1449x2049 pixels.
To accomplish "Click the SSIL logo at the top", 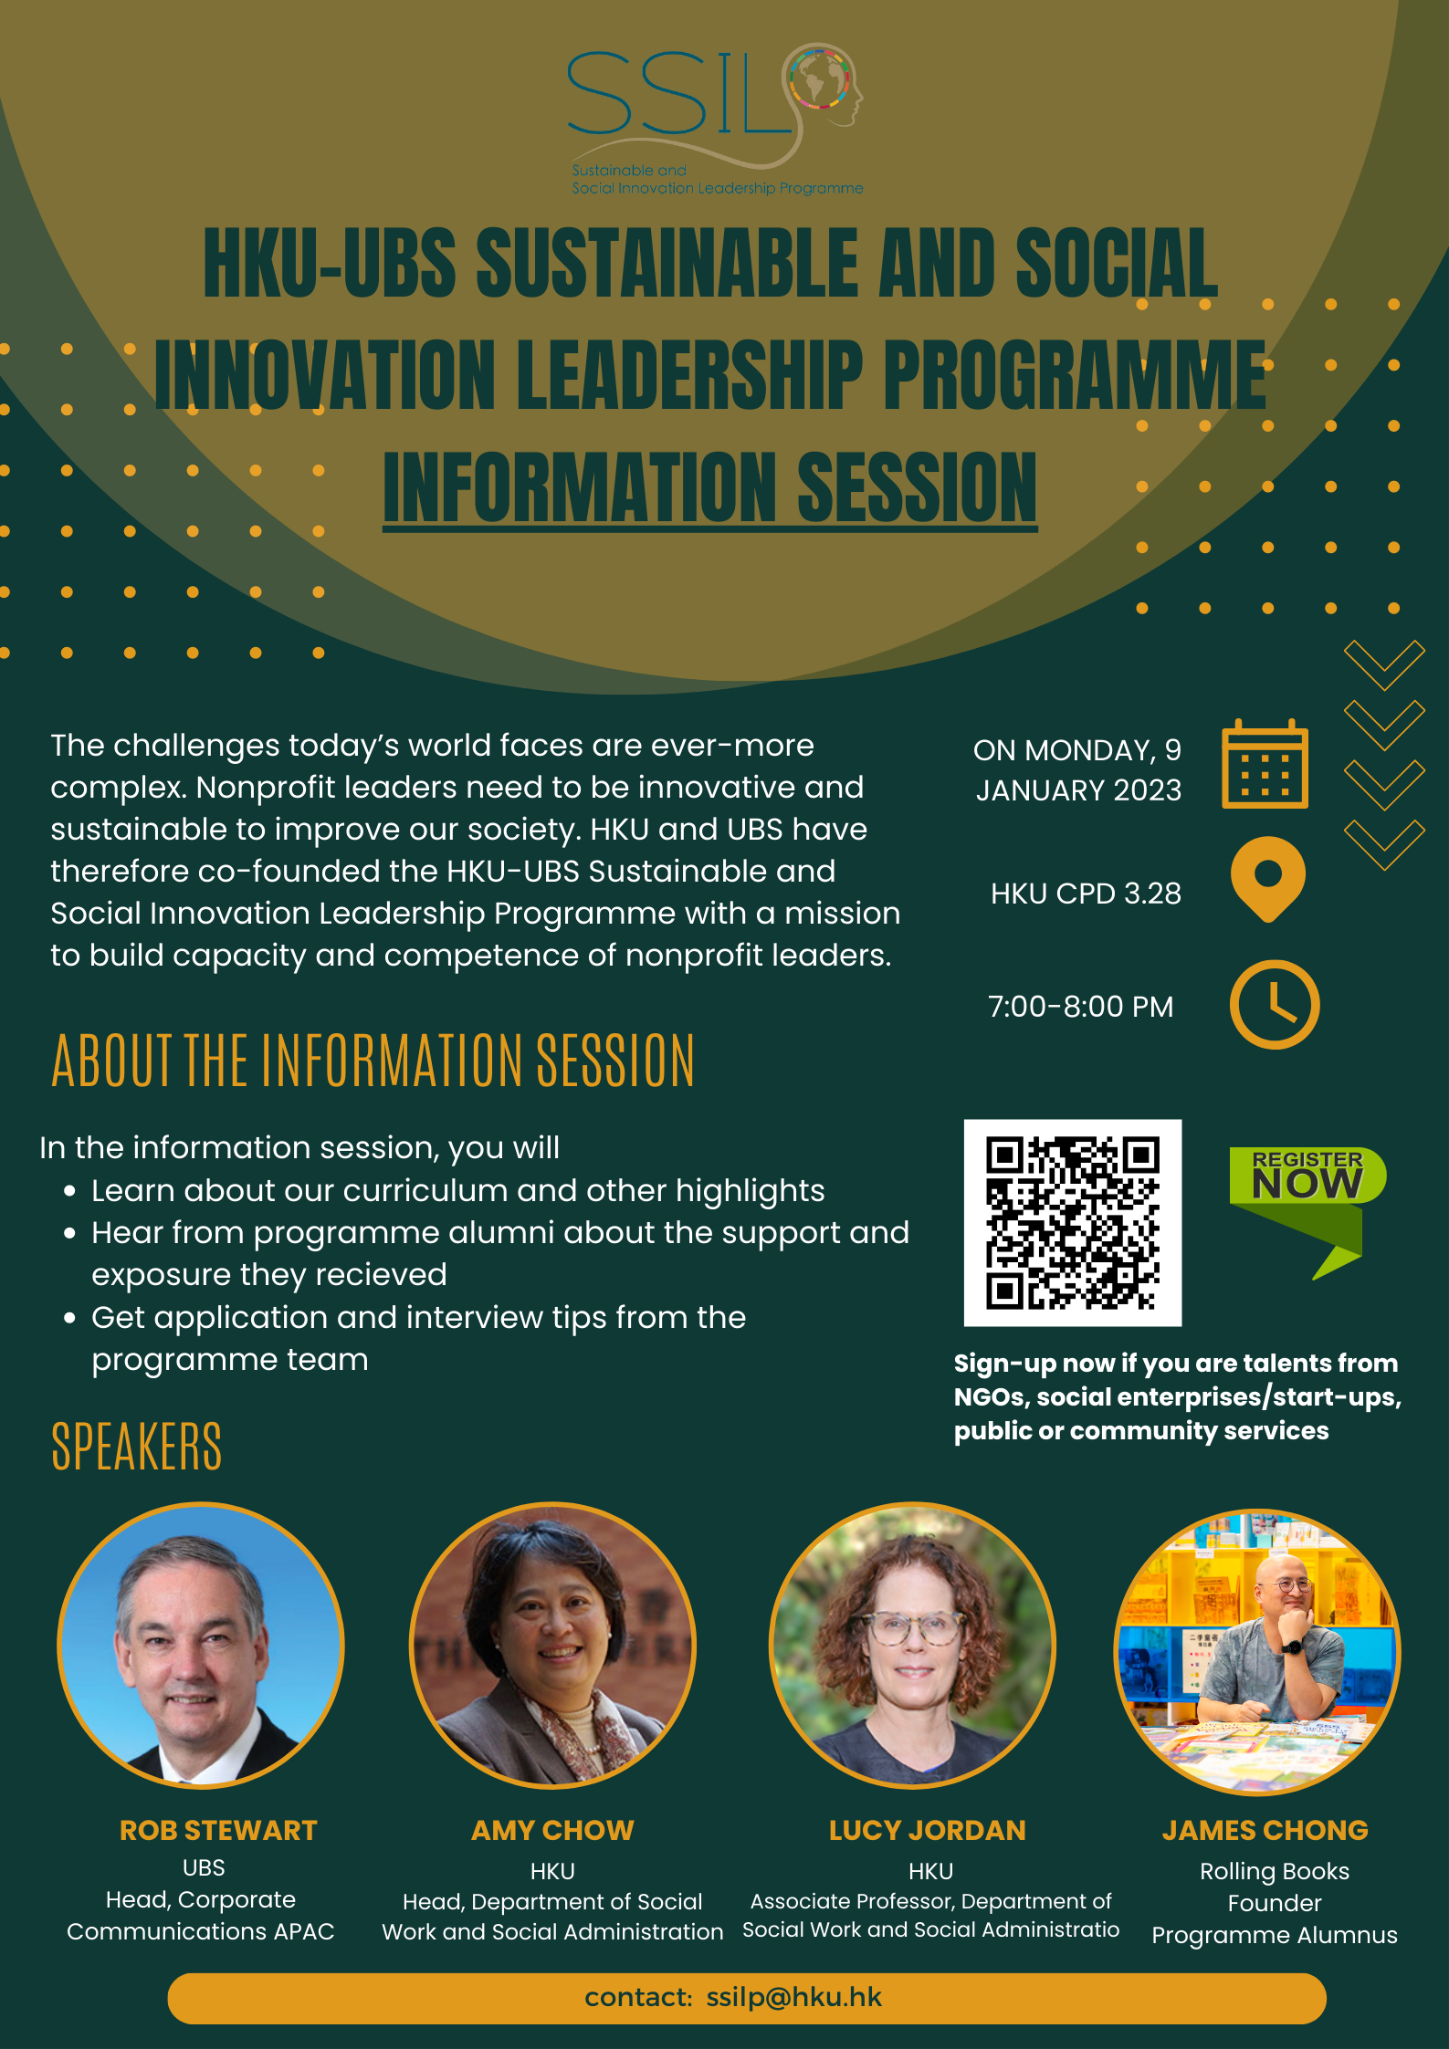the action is point(715,119).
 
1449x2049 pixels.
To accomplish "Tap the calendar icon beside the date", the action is point(1265,764).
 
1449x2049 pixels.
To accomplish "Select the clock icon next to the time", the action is point(1275,1004).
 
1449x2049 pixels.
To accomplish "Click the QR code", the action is point(1073,1222).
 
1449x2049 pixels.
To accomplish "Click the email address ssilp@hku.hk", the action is point(794,1997).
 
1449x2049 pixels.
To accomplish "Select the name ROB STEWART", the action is point(218,1830).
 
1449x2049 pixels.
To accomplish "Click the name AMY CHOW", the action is point(552,1830).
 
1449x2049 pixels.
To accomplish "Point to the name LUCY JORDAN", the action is point(928,1830).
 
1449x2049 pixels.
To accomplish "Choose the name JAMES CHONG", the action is point(1265,1830).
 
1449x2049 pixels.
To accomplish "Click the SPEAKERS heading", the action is point(137,1447).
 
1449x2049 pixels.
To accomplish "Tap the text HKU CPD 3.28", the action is point(1086,893).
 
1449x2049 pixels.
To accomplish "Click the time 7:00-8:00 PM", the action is point(1081,1006).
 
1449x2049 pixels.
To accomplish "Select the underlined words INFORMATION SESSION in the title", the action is point(710,488).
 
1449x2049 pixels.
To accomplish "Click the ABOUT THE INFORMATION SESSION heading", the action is point(373,1061).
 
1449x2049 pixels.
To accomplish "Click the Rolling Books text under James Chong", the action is point(1275,1871).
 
